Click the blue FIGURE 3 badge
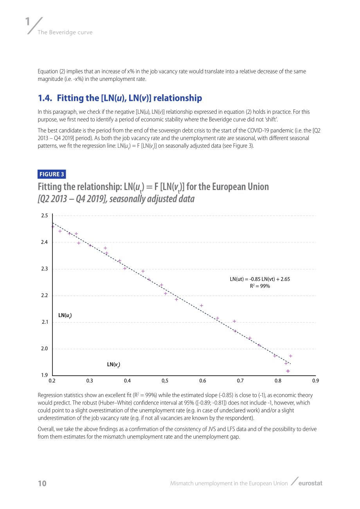click(52, 174)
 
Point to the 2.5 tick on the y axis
click(44, 215)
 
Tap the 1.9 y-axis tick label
click(44, 375)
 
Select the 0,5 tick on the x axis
click(165, 381)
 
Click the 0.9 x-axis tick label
click(315, 381)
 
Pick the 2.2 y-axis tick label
click(44, 296)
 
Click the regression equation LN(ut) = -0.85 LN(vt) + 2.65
click(260, 279)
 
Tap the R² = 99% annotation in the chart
click(260, 286)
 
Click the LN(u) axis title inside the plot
click(65, 315)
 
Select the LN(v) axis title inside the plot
click(113, 364)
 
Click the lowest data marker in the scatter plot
click(288, 371)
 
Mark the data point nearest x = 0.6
click(201, 306)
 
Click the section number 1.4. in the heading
click(45, 98)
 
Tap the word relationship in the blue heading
click(178, 98)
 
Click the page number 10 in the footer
click(42, 483)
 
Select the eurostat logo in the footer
click(310, 483)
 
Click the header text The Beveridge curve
click(65, 32)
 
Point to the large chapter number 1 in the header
click(27, 22)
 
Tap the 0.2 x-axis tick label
click(52, 381)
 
